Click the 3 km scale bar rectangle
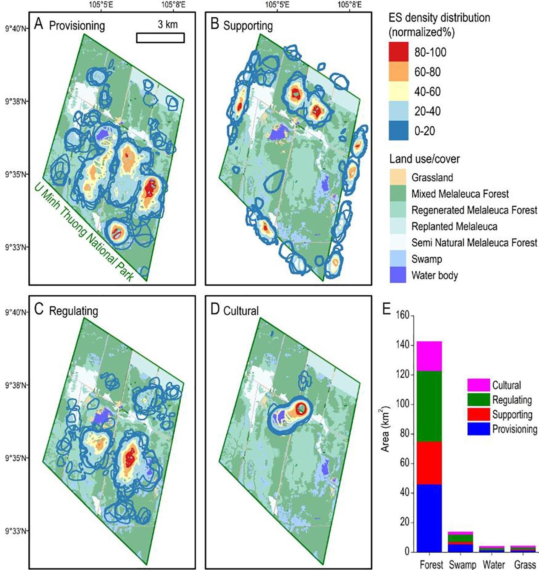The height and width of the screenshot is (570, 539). [160, 38]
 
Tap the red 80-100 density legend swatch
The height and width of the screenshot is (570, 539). [398, 52]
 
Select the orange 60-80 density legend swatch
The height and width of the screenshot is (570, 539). [398, 72]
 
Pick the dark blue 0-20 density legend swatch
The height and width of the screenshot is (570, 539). [398, 131]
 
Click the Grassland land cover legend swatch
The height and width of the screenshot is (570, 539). [398, 177]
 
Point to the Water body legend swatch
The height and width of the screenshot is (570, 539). [398, 275]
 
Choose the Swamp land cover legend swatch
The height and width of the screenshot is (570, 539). [398, 259]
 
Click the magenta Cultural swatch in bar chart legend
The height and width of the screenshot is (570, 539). [478, 385]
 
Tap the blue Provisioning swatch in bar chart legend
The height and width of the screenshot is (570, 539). [478, 429]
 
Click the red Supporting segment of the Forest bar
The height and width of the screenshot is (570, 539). [429, 463]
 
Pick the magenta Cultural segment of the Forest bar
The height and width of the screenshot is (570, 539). [429, 356]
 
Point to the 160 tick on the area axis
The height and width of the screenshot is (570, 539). [402, 315]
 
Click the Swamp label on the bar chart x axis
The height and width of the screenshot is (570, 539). [462, 564]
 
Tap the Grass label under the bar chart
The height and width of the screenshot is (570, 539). [525, 564]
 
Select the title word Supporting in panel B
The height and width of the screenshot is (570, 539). [248, 26]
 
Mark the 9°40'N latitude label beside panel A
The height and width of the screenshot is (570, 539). [15, 29]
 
